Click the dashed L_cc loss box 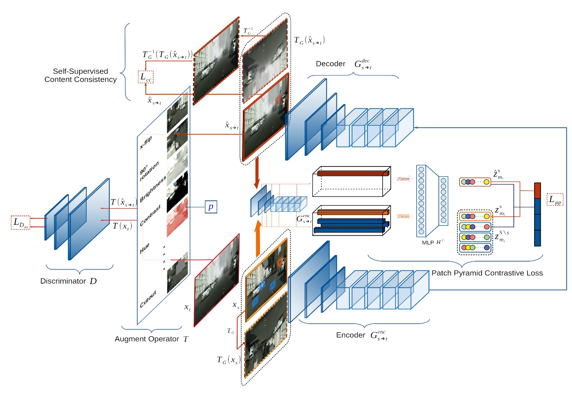point(145,77)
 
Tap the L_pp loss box point(554,200)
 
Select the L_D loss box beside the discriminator point(20,222)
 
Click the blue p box point(211,207)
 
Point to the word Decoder point(330,64)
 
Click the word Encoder point(350,335)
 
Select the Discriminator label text point(63,281)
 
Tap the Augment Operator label point(147,339)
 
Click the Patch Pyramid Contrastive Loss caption point(487,273)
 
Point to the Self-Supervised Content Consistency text point(81,75)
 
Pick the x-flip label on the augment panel point(146,142)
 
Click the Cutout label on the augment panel point(148,300)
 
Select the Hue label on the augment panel point(145,248)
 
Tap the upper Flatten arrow point(404,178)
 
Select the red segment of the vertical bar point(537,191)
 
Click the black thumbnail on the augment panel point(177,190)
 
